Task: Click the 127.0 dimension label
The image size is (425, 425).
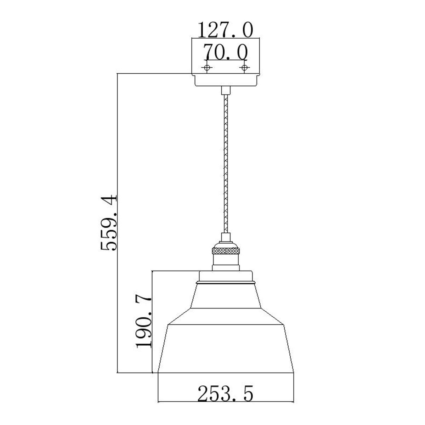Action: pyautogui.click(x=225, y=30)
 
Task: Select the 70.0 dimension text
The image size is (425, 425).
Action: pyautogui.click(x=225, y=53)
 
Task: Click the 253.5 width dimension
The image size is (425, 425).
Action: pyautogui.click(x=225, y=393)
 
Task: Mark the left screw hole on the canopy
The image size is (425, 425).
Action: pyautogui.click(x=207, y=68)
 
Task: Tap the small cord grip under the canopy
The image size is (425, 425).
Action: pyautogui.click(x=225, y=90)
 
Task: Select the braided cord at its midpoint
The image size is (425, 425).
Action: pyautogui.click(x=225, y=163)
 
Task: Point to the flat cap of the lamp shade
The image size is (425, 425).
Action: pyautogui.click(x=226, y=276)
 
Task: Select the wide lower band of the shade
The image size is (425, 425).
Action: pyautogui.click(x=226, y=349)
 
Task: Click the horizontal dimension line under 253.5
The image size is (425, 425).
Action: pyautogui.click(x=225, y=402)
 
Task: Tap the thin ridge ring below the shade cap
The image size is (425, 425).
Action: pyautogui.click(x=226, y=283)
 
